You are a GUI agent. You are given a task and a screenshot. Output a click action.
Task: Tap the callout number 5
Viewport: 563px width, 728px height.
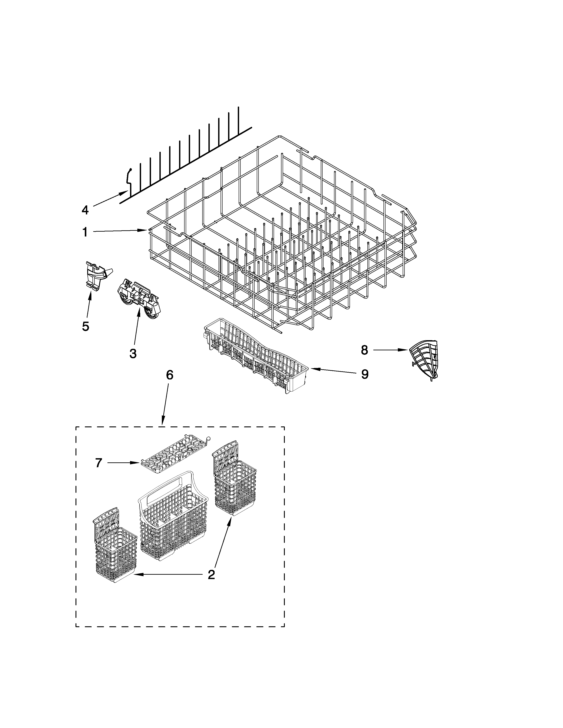(85, 326)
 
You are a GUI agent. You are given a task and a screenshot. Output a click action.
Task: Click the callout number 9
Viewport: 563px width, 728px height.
(365, 374)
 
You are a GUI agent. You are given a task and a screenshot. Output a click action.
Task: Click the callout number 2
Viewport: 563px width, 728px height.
(211, 575)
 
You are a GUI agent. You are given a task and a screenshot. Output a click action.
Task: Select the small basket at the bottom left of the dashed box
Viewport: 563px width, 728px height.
(115, 547)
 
